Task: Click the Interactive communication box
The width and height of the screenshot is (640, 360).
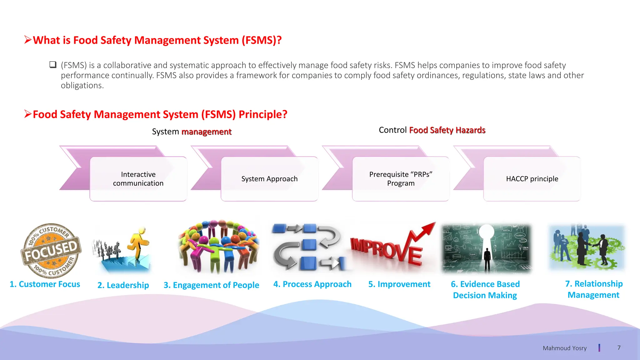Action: tap(138, 179)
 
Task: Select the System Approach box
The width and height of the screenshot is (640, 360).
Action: tap(269, 179)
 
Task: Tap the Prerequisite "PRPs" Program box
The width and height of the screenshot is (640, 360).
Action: tap(401, 179)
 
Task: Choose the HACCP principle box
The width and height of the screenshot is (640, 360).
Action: tap(532, 179)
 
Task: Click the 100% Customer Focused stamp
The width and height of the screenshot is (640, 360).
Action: tap(51, 250)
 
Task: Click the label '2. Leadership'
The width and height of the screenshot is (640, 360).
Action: tap(123, 285)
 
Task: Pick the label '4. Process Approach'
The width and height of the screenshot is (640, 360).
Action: tap(312, 284)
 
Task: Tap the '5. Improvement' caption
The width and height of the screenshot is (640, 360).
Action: tap(399, 284)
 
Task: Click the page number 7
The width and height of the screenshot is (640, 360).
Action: tap(619, 347)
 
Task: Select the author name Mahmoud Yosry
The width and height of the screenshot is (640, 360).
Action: tap(564, 348)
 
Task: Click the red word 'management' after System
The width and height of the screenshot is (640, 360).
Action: tap(206, 132)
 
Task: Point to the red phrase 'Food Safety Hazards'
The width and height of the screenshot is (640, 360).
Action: tap(447, 130)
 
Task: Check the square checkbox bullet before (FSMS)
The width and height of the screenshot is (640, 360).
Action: tap(53, 65)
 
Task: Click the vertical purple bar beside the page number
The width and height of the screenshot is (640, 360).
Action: tap(599, 348)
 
